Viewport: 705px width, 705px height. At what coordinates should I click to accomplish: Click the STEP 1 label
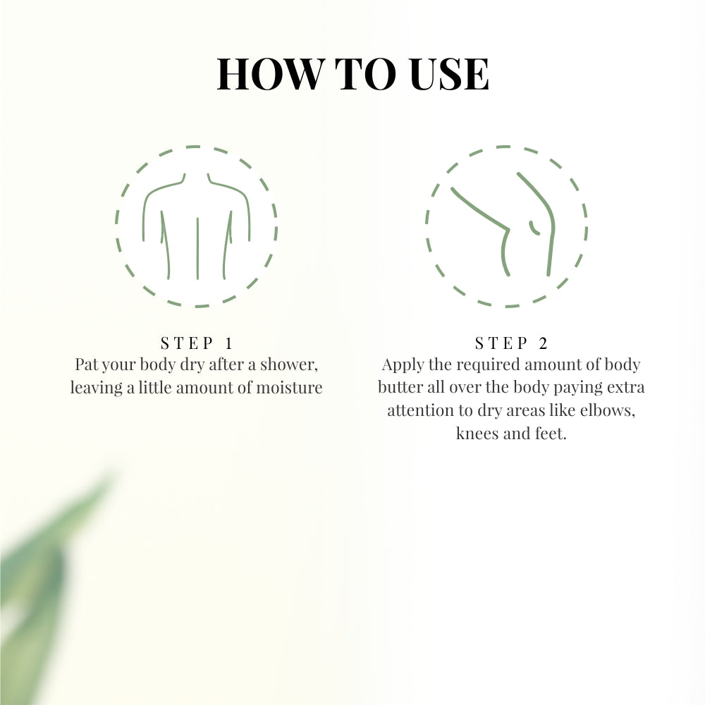point(197,344)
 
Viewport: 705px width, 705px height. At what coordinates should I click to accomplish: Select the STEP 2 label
point(511,344)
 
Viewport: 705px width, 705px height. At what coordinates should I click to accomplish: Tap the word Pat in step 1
point(86,365)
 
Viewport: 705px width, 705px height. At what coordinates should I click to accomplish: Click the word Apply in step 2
point(400,365)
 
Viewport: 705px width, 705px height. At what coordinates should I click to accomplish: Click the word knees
point(477,433)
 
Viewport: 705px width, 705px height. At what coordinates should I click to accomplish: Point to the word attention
point(420,410)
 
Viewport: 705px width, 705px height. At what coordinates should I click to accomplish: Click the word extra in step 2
point(625,388)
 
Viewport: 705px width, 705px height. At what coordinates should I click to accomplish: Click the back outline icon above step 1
point(197,226)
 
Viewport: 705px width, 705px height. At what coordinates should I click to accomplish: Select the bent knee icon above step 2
point(506,226)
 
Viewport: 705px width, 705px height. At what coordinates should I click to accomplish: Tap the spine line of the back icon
point(197,247)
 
